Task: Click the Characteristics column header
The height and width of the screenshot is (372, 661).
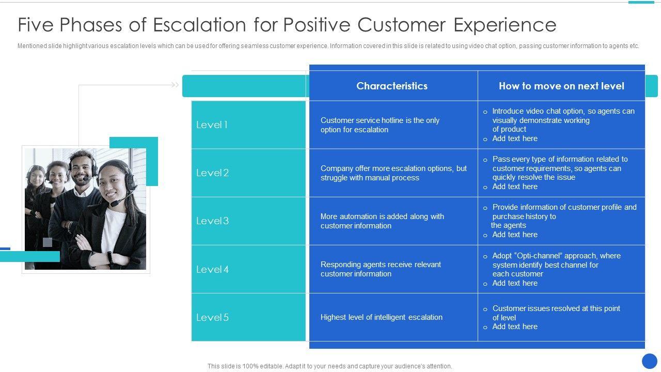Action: [392, 86]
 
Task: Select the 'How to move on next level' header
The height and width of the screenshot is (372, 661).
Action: [561, 86]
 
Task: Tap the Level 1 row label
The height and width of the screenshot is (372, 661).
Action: [212, 125]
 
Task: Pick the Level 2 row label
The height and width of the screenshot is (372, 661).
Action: [212, 173]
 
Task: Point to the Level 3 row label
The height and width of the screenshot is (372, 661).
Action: [212, 221]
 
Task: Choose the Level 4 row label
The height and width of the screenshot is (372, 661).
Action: [212, 269]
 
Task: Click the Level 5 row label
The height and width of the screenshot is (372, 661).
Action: [212, 317]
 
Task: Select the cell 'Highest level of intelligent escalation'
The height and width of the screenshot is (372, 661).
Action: [381, 317]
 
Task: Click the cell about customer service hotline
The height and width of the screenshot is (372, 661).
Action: [380, 125]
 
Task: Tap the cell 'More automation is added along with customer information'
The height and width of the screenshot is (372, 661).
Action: [382, 221]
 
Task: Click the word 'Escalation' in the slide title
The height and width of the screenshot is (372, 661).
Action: [199, 24]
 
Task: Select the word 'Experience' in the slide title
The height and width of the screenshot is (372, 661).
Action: [505, 25]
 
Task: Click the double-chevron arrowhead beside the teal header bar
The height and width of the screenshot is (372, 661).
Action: [175, 85]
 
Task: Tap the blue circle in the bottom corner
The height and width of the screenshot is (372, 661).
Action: [650, 361]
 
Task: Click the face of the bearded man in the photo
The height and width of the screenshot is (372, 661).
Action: [81, 171]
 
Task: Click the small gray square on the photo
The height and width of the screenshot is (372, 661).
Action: [48, 242]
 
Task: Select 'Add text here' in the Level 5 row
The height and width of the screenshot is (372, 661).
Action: [515, 327]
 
